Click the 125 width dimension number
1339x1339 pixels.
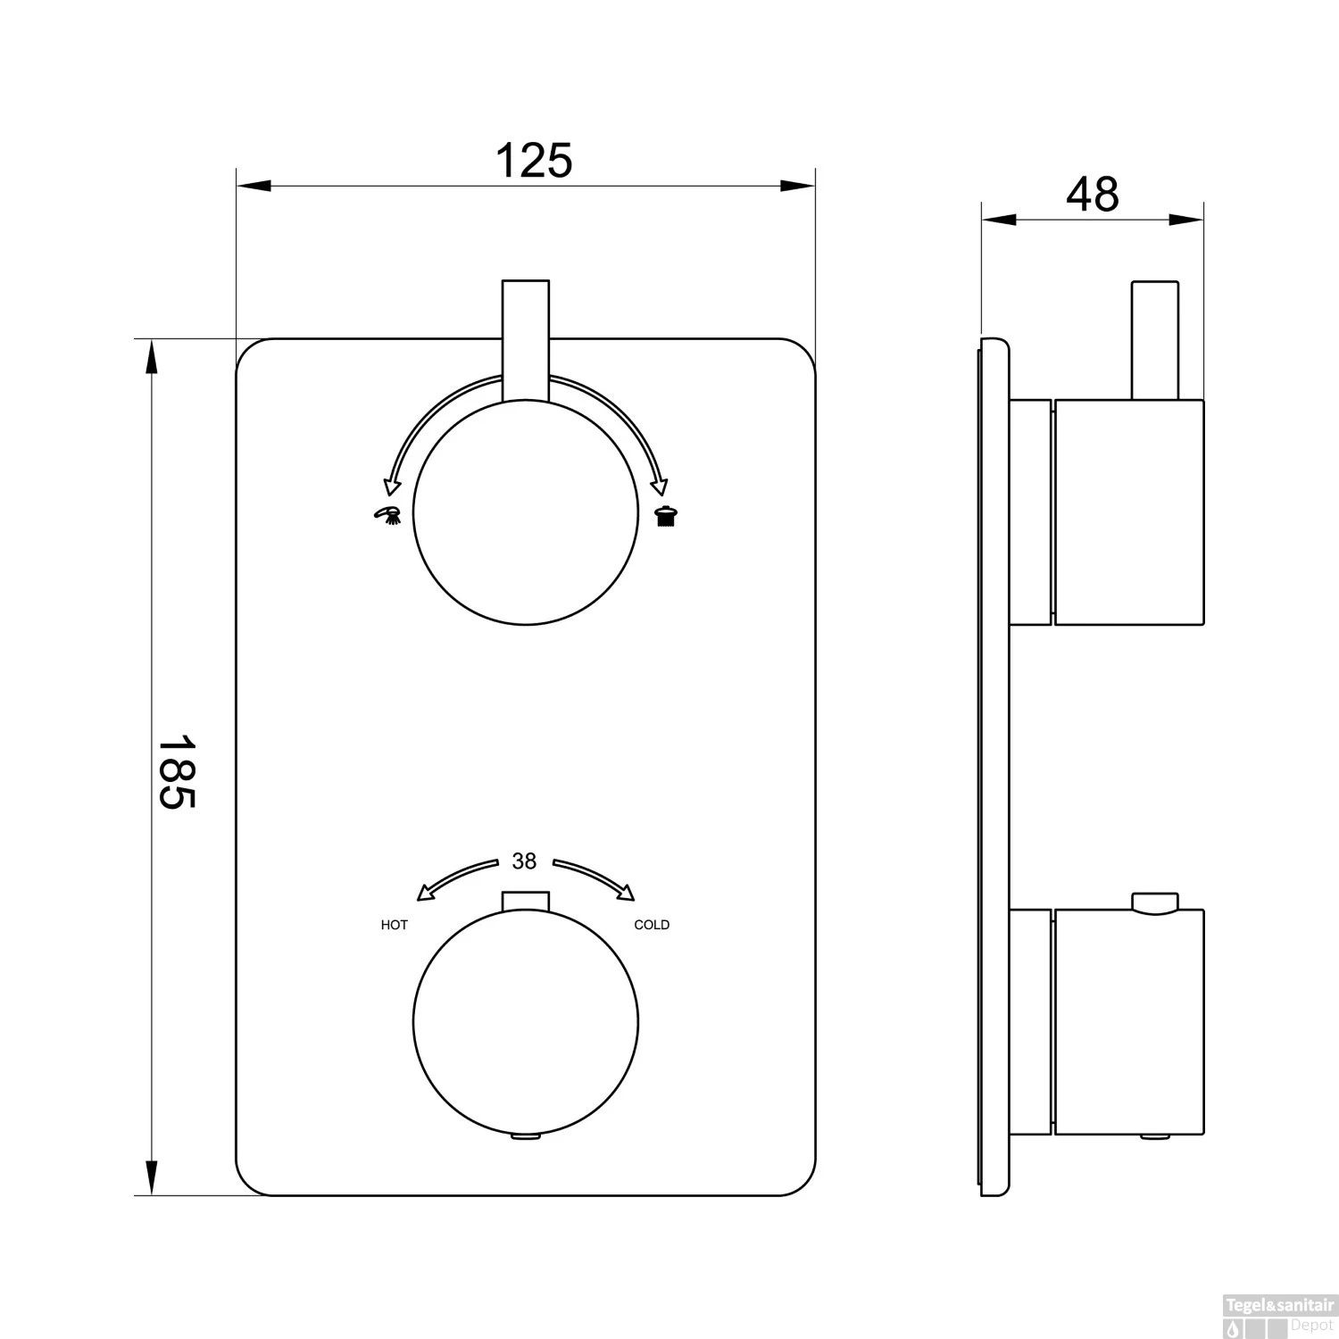[x=533, y=161]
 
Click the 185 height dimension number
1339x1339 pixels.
[x=177, y=771]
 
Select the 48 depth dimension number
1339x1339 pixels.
[x=1092, y=194]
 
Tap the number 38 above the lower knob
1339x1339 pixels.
[x=524, y=861]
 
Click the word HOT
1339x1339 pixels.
[x=395, y=925]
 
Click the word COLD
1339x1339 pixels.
[x=652, y=925]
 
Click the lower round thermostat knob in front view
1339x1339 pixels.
[x=526, y=1022]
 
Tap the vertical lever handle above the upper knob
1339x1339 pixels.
[x=526, y=339]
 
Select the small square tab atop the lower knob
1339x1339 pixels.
[x=526, y=901]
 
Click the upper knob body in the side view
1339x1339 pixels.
[x=1129, y=511]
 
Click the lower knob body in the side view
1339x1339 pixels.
[x=1129, y=1023]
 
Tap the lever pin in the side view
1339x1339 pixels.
[x=1155, y=340]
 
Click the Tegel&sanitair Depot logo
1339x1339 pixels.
[x=1281, y=1320]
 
